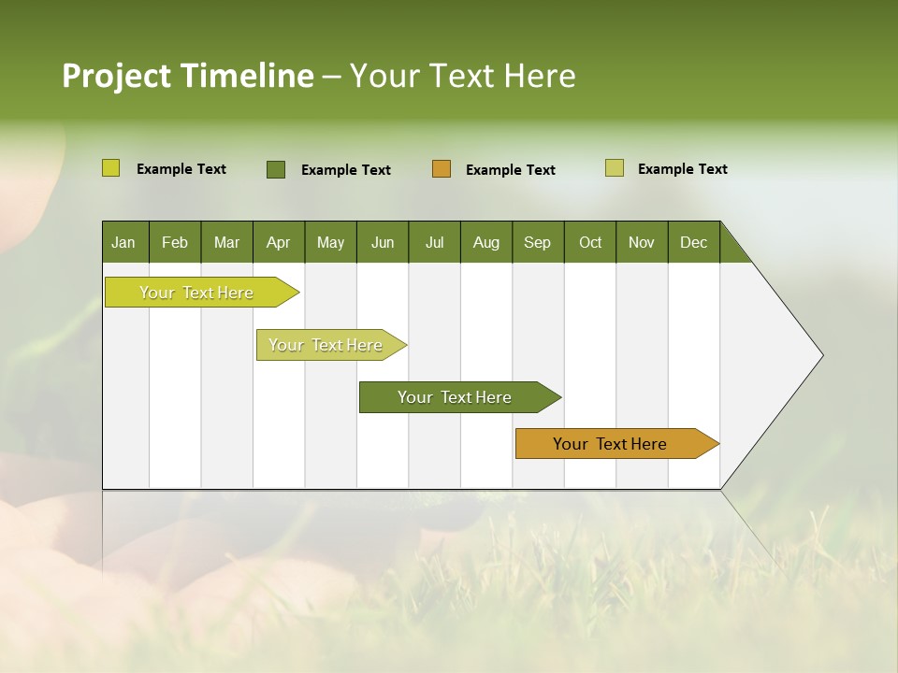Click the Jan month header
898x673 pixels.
click(x=123, y=242)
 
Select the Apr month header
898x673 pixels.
click(x=278, y=242)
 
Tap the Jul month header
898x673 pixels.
click(x=434, y=242)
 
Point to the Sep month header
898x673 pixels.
click(x=537, y=242)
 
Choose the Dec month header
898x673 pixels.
click(x=693, y=242)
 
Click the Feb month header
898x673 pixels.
click(x=175, y=242)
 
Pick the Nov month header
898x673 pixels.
click(x=641, y=242)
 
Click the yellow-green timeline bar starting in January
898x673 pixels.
click(x=196, y=293)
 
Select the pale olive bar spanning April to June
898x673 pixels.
click(x=326, y=345)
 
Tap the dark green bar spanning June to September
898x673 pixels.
click(x=455, y=397)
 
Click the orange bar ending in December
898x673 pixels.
click(x=610, y=444)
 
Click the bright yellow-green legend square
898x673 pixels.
click(x=110, y=168)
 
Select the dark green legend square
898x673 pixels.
click(x=276, y=169)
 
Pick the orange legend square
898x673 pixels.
click(x=442, y=168)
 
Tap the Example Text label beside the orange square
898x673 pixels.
click(x=511, y=170)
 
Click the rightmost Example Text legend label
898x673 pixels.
click(x=683, y=169)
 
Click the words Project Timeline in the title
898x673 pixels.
click(x=187, y=76)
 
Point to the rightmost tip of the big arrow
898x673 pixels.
click(x=821, y=355)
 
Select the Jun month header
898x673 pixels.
click(x=382, y=242)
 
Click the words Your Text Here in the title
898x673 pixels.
click(x=463, y=76)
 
